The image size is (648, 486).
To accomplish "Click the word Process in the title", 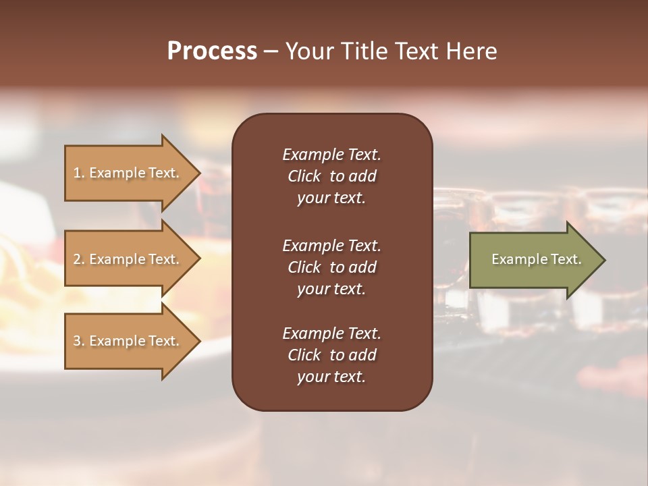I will [x=212, y=51].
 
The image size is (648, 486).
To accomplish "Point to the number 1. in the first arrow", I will [x=79, y=173].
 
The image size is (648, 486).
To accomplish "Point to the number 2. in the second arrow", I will [x=79, y=259].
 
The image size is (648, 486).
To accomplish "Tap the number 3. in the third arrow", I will [x=79, y=341].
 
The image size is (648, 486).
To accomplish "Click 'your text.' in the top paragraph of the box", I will [x=331, y=198].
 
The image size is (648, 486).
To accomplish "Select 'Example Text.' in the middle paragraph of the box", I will [x=331, y=245].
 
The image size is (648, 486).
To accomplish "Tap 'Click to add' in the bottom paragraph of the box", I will [x=331, y=355].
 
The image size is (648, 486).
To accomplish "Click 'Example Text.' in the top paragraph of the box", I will [x=331, y=155].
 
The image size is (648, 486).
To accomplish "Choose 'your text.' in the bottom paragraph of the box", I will [x=331, y=377].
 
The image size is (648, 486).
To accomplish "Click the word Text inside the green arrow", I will [x=566, y=259].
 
